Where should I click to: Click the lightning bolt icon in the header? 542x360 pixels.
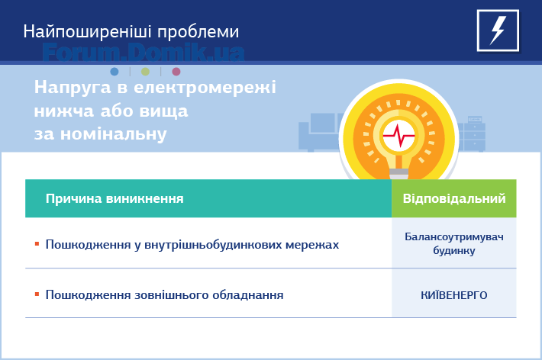(x=498, y=31)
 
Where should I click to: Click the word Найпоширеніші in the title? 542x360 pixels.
(x=88, y=32)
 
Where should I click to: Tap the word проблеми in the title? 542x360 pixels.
(x=198, y=33)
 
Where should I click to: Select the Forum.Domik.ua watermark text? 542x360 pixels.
(x=144, y=53)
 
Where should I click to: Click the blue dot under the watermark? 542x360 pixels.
(x=115, y=72)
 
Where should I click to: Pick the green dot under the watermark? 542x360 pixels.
(x=145, y=72)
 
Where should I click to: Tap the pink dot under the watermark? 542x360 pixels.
(x=176, y=72)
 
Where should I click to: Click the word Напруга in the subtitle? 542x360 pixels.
(x=73, y=88)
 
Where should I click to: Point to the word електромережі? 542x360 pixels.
(x=205, y=87)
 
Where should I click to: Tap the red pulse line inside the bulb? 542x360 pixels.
(x=399, y=136)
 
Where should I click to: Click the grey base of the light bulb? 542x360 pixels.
(x=399, y=174)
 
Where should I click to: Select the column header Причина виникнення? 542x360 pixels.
(x=115, y=198)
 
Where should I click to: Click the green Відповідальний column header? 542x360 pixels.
(x=454, y=198)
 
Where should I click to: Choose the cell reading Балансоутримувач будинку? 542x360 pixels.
(x=454, y=243)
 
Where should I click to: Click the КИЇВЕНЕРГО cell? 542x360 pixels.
(x=454, y=295)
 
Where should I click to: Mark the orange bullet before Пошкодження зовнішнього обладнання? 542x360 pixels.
(x=37, y=294)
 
